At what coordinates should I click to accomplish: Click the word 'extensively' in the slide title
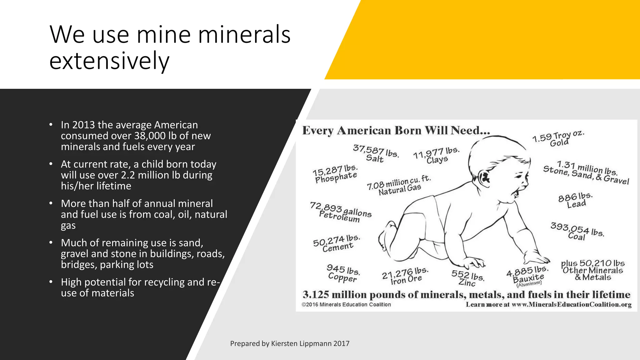pyautogui.click(x=109, y=61)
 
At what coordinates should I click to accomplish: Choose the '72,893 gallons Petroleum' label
pyautogui.click(x=340, y=212)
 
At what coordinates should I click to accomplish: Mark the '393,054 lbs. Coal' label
pyautogui.click(x=577, y=232)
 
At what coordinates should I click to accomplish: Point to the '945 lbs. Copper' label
pyautogui.click(x=343, y=273)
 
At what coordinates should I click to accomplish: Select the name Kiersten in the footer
pyautogui.click(x=283, y=344)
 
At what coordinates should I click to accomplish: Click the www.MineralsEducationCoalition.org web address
pyautogui.click(x=572, y=305)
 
